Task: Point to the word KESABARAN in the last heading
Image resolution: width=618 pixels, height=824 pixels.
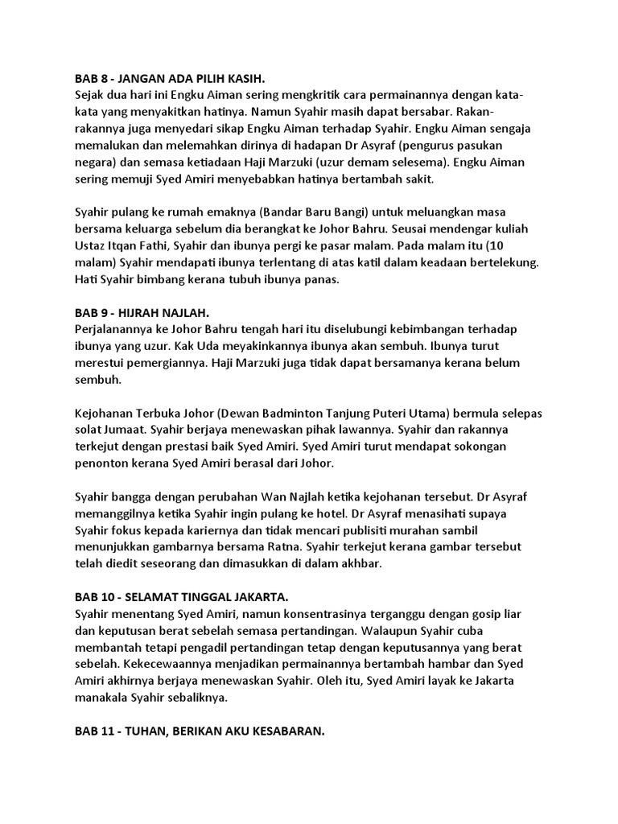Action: pyautogui.click(x=282, y=733)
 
